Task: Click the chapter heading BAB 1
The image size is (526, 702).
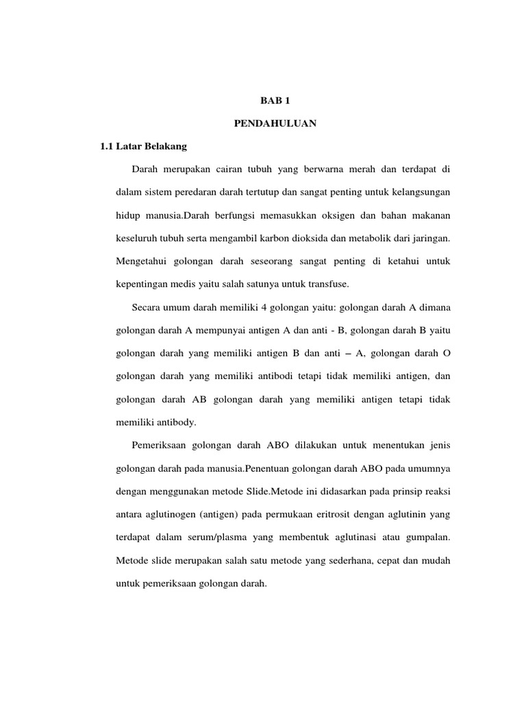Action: point(262,101)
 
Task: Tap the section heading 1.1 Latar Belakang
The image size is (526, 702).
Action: point(143,147)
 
